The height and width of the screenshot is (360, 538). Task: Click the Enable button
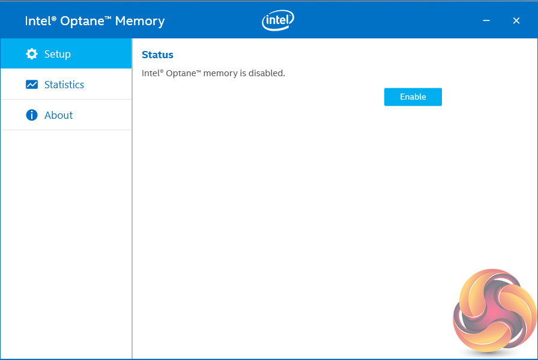pos(413,97)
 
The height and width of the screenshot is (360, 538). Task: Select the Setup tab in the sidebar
pos(58,54)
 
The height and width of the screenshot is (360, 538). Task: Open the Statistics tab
pos(64,85)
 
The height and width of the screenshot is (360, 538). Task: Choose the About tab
pos(58,115)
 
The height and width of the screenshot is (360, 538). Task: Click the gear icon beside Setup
pos(32,54)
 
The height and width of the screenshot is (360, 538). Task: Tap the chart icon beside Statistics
pos(32,85)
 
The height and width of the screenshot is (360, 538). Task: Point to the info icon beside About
pos(32,115)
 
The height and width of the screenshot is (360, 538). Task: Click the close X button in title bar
pos(516,21)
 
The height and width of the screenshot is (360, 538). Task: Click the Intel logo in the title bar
pos(278,21)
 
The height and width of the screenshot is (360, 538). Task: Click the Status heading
pos(157,55)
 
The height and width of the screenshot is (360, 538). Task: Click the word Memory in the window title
pos(139,21)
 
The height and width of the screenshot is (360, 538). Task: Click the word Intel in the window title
pos(38,21)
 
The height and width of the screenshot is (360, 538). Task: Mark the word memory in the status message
pos(220,73)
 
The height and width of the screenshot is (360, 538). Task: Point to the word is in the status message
pos(243,73)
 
